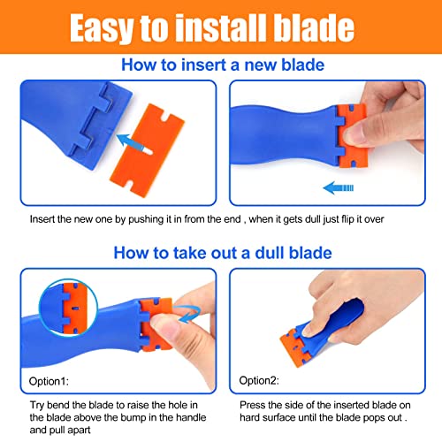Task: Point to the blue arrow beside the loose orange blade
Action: pyautogui.click(x=132, y=141)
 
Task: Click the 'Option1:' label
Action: pyautogui.click(x=52, y=382)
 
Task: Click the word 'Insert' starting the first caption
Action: pyautogui.click(x=43, y=217)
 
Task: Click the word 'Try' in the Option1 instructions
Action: pyautogui.click(x=37, y=403)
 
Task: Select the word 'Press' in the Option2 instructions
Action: pyautogui.click(x=253, y=403)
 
